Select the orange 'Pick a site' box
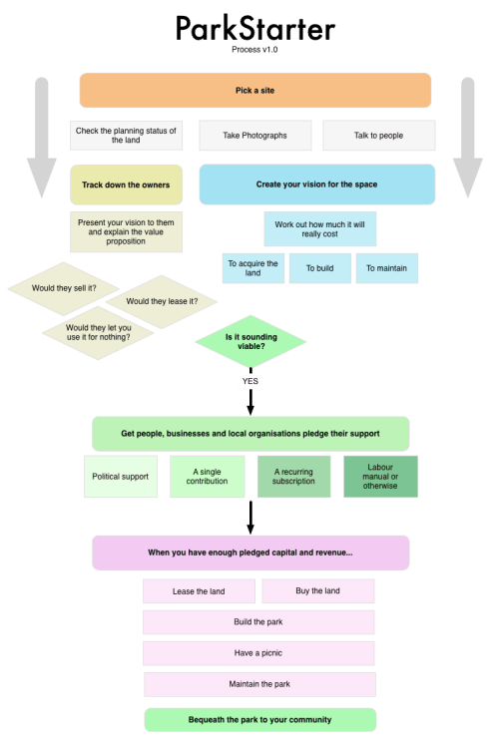(x=255, y=90)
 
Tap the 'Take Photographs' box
(x=255, y=136)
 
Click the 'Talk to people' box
(x=378, y=136)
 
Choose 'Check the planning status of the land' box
(x=126, y=136)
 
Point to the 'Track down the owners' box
(x=126, y=185)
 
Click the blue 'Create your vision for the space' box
(x=316, y=185)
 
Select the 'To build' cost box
(x=319, y=268)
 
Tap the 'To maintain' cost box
(x=387, y=268)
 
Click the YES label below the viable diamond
(x=250, y=381)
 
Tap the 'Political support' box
(x=120, y=477)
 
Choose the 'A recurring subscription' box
(x=293, y=477)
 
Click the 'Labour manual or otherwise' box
(x=380, y=477)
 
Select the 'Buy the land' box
(x=317, y=591)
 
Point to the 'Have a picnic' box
(x=259, y=653)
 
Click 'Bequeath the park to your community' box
(x=259, y=719)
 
